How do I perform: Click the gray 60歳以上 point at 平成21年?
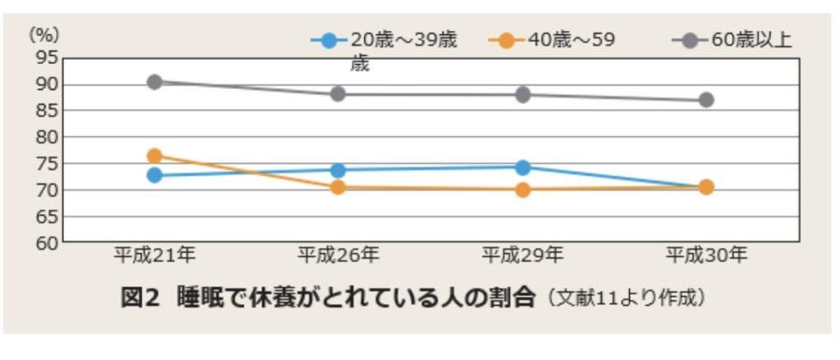point(154,82)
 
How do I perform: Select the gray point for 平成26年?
point(338,93)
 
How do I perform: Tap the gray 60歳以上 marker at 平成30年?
point(705,100)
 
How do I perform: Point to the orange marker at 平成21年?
point(154,156)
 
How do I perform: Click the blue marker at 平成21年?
point(154,175)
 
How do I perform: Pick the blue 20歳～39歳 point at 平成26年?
point(338,170)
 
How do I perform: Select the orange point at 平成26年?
point(338,187)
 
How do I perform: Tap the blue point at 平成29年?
point(523,167)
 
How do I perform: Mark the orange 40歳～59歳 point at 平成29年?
point(523,189)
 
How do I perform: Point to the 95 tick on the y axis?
point(48,57)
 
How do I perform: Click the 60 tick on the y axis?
point(48,243)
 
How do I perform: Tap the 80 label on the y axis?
point(48,137)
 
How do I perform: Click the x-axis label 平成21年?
point(154,257)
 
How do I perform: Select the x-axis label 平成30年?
point(705,257)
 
